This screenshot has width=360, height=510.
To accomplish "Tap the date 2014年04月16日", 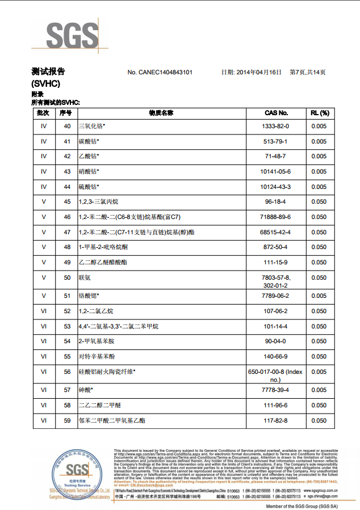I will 252,73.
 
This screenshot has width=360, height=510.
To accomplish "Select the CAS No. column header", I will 276,113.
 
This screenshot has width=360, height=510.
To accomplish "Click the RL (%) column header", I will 320,113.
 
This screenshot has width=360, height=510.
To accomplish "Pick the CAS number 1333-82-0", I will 276,127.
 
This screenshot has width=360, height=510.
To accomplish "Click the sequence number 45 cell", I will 67,202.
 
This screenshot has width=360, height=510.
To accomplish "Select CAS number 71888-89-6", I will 276,217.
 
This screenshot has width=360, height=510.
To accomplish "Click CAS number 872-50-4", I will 276,247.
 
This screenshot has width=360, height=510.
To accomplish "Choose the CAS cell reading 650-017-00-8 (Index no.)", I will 276,375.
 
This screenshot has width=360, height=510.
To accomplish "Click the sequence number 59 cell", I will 67,420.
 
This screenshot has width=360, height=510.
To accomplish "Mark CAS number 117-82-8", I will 276,420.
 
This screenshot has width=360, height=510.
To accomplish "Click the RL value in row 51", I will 320,296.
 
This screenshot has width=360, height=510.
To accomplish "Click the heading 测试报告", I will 48,72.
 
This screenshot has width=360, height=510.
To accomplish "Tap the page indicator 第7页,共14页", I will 308,73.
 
